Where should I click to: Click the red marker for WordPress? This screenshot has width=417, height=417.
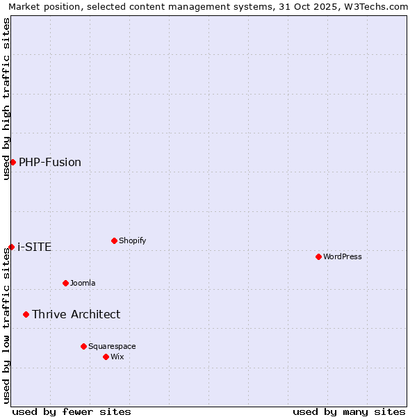coord(318,256)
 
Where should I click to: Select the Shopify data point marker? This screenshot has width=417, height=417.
coord(114,240)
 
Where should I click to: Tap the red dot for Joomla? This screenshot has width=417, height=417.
coord(65,283)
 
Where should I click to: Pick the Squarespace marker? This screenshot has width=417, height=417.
coord(83,346)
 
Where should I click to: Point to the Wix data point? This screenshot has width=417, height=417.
coord(106,357)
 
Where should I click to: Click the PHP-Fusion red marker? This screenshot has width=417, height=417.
coord(13,162)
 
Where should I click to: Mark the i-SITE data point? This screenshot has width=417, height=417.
coord(11,247)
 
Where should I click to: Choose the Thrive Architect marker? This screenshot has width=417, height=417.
coord(26,314)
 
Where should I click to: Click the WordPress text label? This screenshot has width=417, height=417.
coord(343,256)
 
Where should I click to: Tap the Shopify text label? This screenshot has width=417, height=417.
coord(133,240)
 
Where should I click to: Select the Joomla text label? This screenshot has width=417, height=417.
coord(83,283)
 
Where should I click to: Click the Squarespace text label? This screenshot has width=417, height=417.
coord(112,346)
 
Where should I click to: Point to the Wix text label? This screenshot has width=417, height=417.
coord(117,357)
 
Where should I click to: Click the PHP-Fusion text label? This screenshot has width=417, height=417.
coord(50,162)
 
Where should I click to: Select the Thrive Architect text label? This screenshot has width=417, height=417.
coord(76,314)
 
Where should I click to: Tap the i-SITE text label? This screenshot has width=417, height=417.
coord(34,247)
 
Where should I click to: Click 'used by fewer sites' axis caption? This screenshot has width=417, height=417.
coord(72,411)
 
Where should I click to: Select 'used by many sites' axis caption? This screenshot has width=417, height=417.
coord(349,411)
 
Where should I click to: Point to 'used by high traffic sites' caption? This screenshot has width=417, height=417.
coord(6,99)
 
